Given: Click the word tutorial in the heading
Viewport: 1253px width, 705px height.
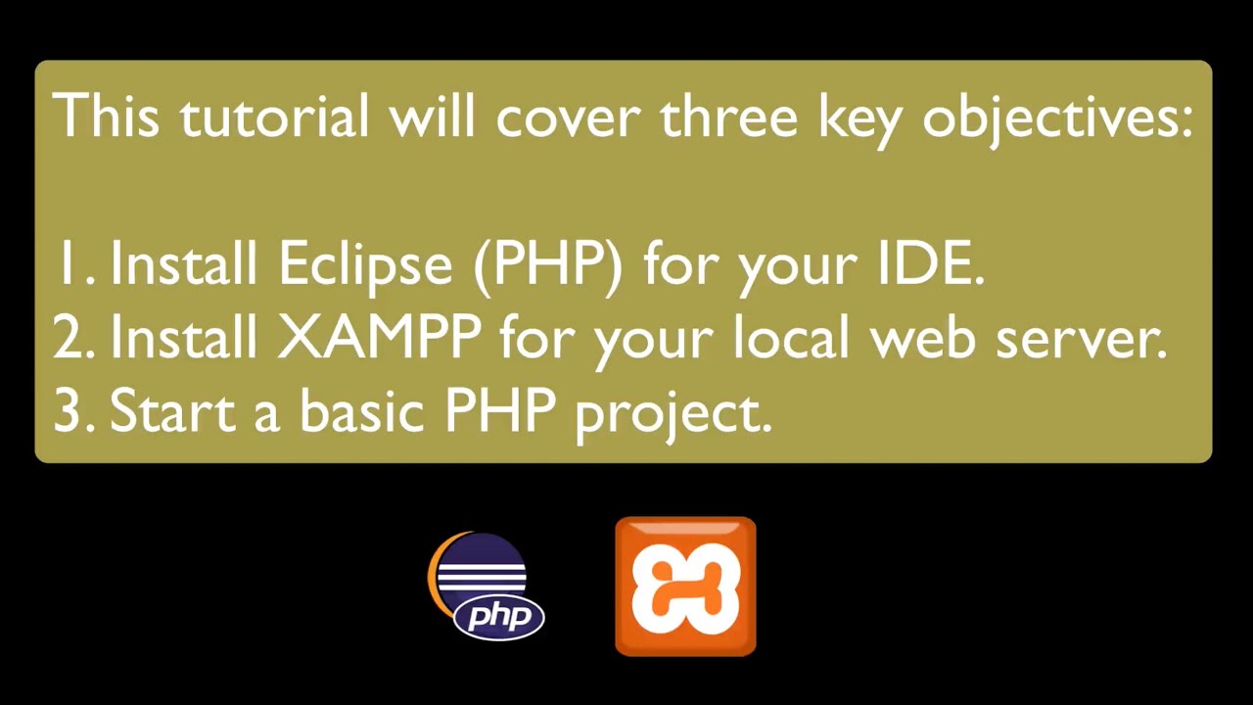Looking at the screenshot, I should (274, 117).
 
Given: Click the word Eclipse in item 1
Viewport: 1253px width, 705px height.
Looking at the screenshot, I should (365, 263).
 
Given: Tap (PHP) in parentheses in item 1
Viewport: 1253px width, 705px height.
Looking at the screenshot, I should (547, 263).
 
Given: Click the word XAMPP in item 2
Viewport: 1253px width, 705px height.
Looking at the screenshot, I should (379, 338).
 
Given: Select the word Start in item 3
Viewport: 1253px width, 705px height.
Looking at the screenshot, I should (172, 410).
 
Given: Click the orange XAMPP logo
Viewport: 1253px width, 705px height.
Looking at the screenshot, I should (685, 586).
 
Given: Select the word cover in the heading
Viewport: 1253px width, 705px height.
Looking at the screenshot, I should (568, 117).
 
